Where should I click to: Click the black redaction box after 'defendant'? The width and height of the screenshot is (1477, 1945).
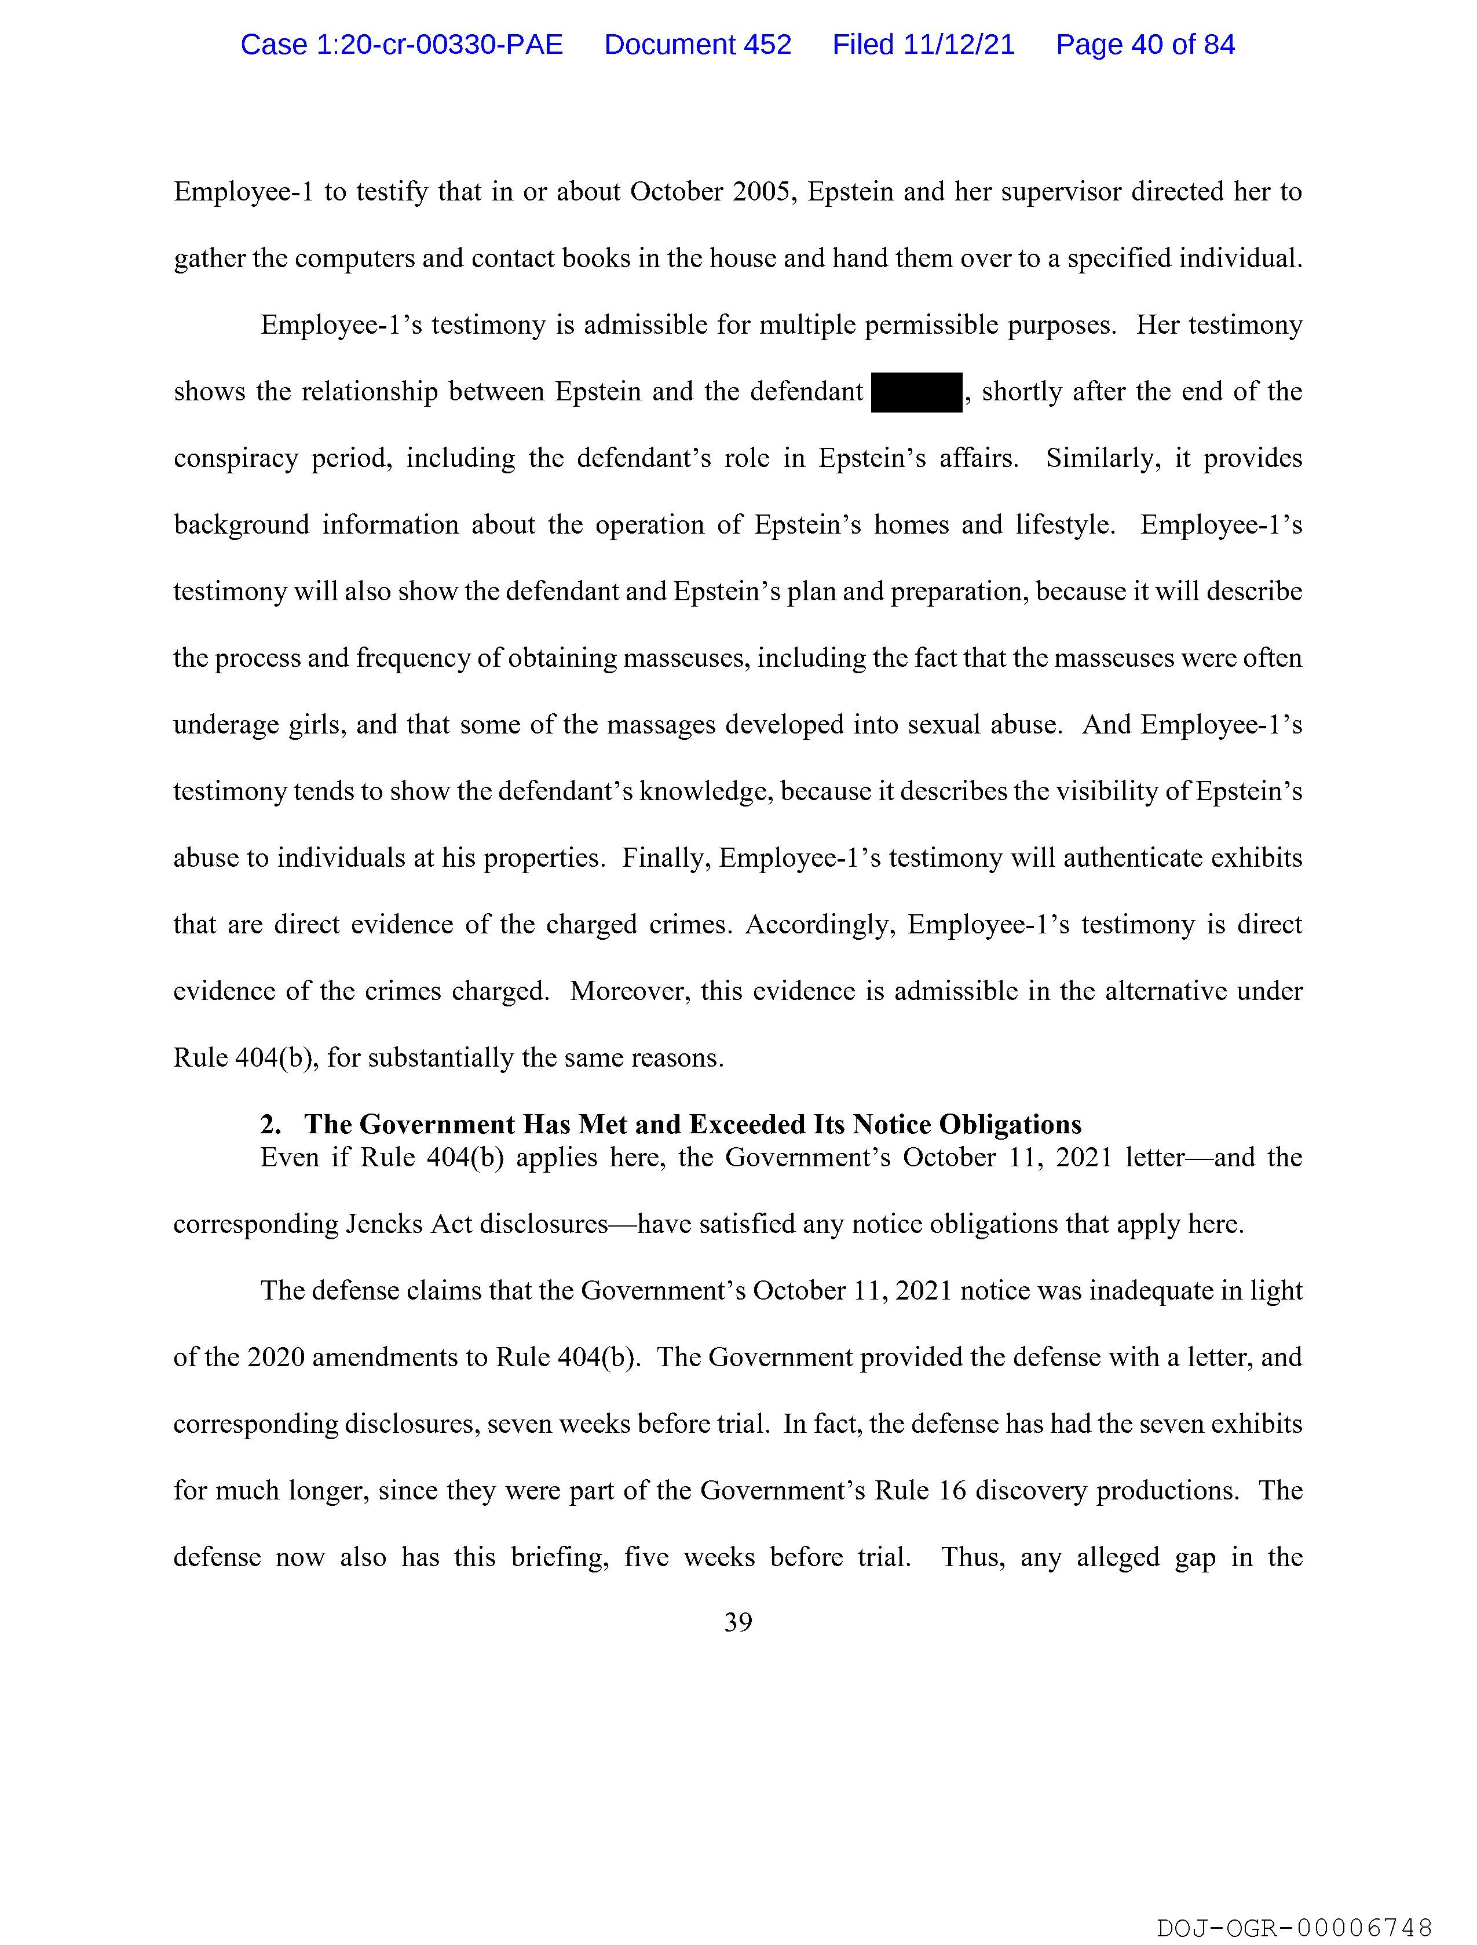click(917, 392)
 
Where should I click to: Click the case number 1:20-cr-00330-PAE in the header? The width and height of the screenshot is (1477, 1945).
click(402, 45)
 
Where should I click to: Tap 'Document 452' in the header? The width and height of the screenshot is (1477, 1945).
click(697, 45)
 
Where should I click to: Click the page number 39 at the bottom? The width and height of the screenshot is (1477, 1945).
click(737, 1622)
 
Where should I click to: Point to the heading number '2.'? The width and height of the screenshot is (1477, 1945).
click(271, 1125)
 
